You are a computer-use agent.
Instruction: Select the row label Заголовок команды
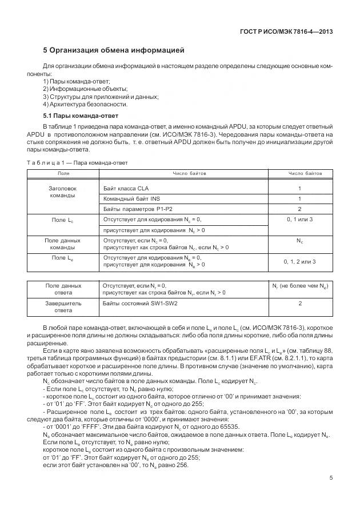[63, 192]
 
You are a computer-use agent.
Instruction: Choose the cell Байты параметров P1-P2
[137, 209]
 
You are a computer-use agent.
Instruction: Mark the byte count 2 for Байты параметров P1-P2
[299, 209]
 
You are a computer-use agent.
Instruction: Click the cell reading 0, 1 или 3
[299, 220]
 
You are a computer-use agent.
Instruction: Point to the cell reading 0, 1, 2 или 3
[299, 262]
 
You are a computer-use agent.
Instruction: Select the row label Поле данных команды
[63, 244]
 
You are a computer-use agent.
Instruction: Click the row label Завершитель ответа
[63, 306]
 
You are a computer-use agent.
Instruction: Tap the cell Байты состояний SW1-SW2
[140, 303]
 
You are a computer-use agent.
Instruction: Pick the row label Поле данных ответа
[63, 289]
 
